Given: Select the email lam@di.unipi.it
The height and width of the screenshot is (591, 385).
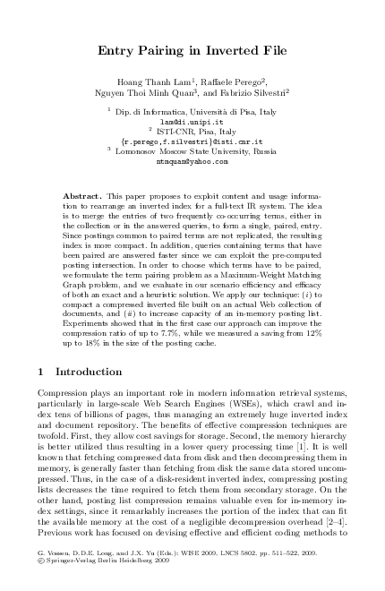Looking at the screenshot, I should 192,119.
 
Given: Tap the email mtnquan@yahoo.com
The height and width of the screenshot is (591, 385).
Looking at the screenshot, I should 192,162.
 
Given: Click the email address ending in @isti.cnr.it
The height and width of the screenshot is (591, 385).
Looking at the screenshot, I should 192,141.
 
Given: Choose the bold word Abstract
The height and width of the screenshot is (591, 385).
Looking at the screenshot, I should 82,194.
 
